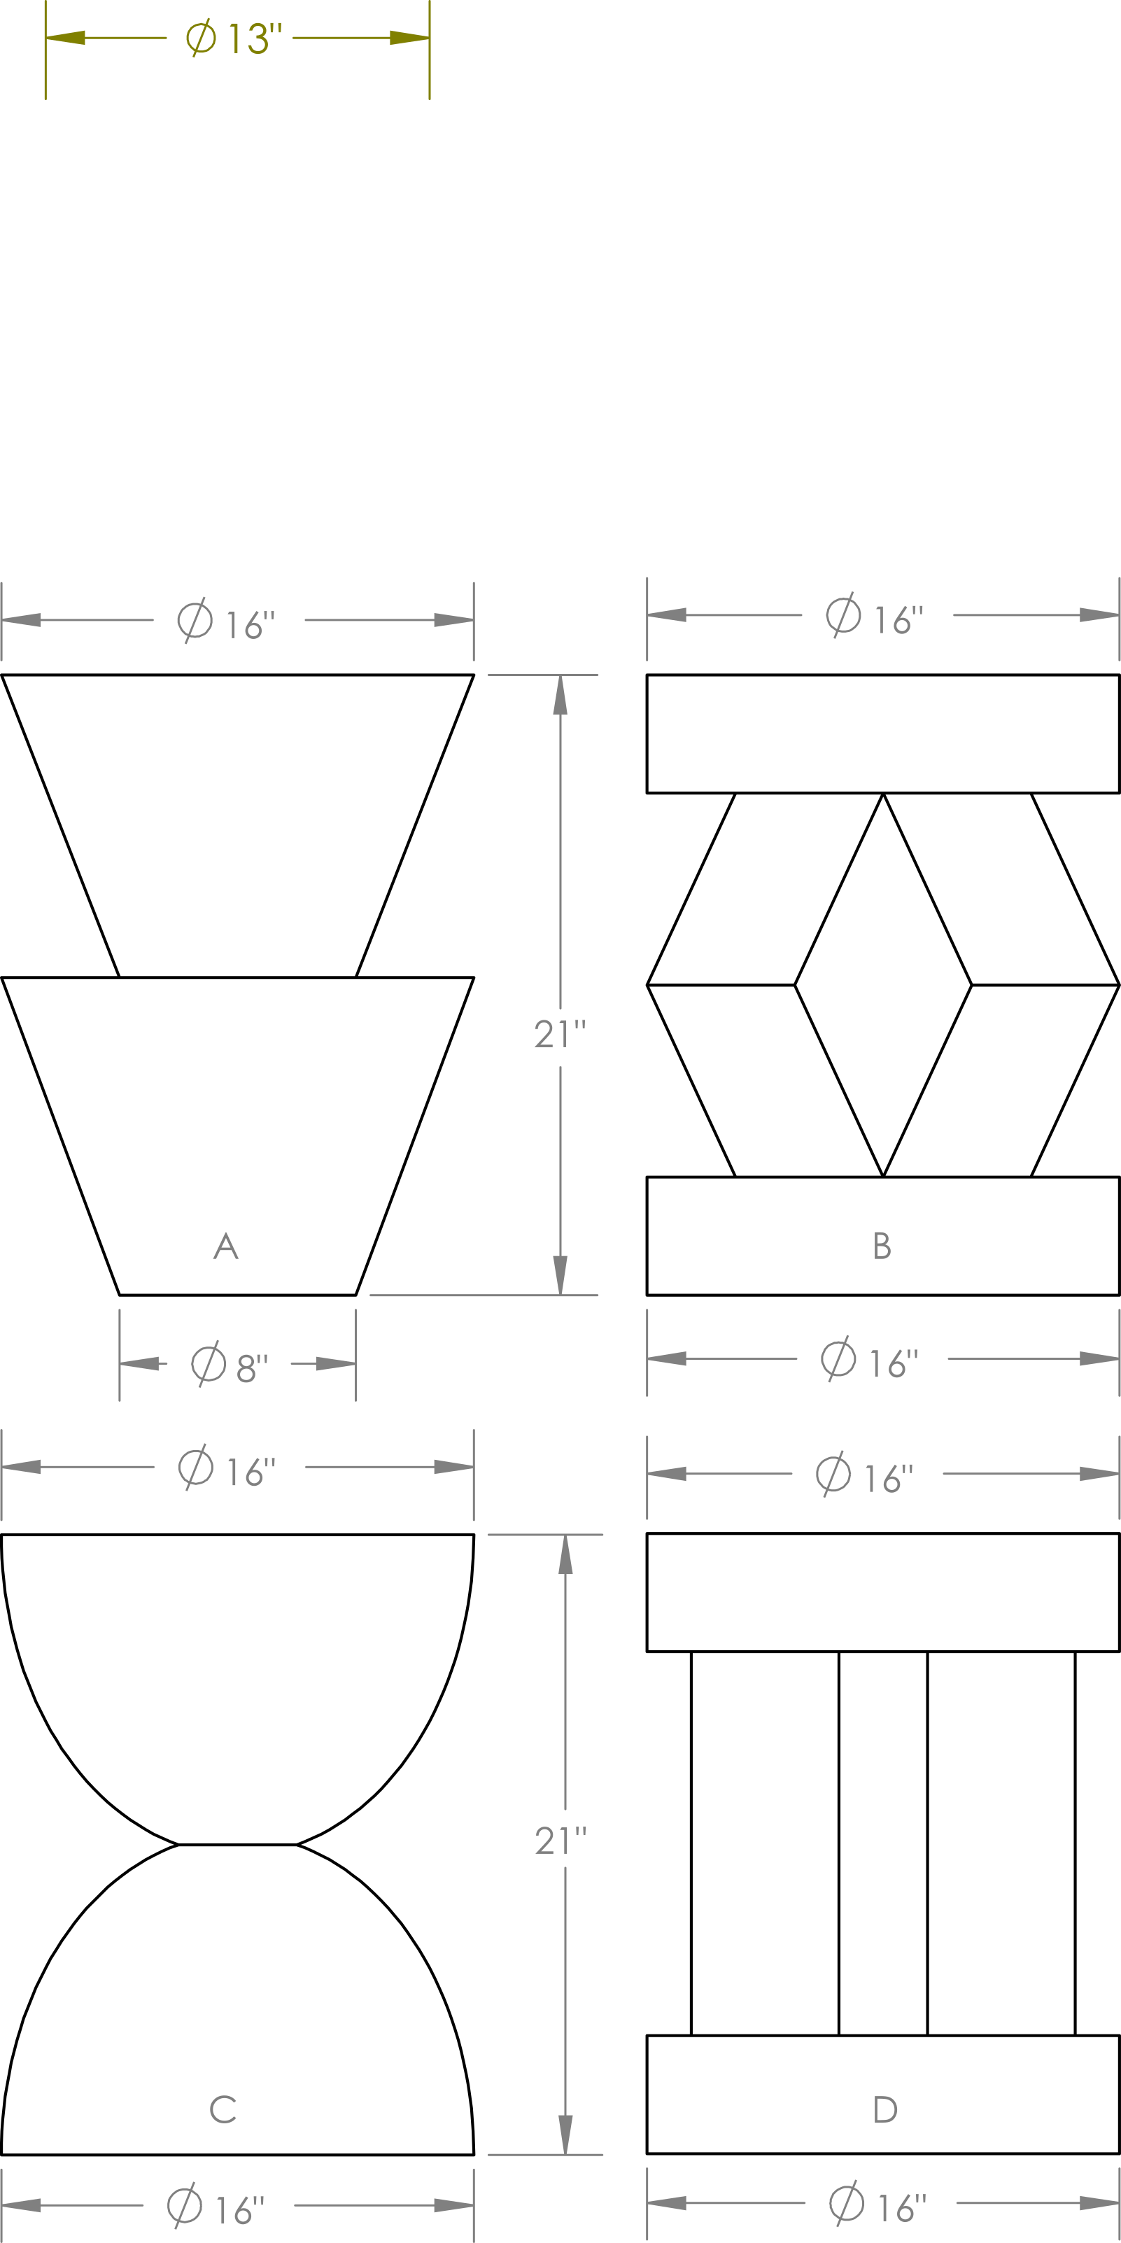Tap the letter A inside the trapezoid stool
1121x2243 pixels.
(x=225, y=1246)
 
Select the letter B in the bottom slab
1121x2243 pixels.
(x=882, y=1246)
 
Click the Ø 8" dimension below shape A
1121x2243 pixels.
(x=230, y=1363)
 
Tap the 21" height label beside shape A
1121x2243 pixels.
(x=560, y=1034)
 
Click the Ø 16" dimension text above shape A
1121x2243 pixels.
(x=226, y=620)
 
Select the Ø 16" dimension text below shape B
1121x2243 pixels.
(x=870, y=1358)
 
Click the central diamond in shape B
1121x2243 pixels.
(x=882, y=985)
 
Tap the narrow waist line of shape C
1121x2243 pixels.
(x=238, y=1844)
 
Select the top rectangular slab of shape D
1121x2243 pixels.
(x=882, y=1591)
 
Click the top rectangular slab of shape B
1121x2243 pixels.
(x=882, y=733)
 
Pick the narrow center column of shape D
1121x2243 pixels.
(x=882, y=1843)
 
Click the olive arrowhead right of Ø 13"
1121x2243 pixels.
(x=409, y=37)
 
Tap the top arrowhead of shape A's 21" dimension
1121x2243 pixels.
(x=560, y=695)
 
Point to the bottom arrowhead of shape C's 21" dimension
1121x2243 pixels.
(x=565, y=2134)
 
